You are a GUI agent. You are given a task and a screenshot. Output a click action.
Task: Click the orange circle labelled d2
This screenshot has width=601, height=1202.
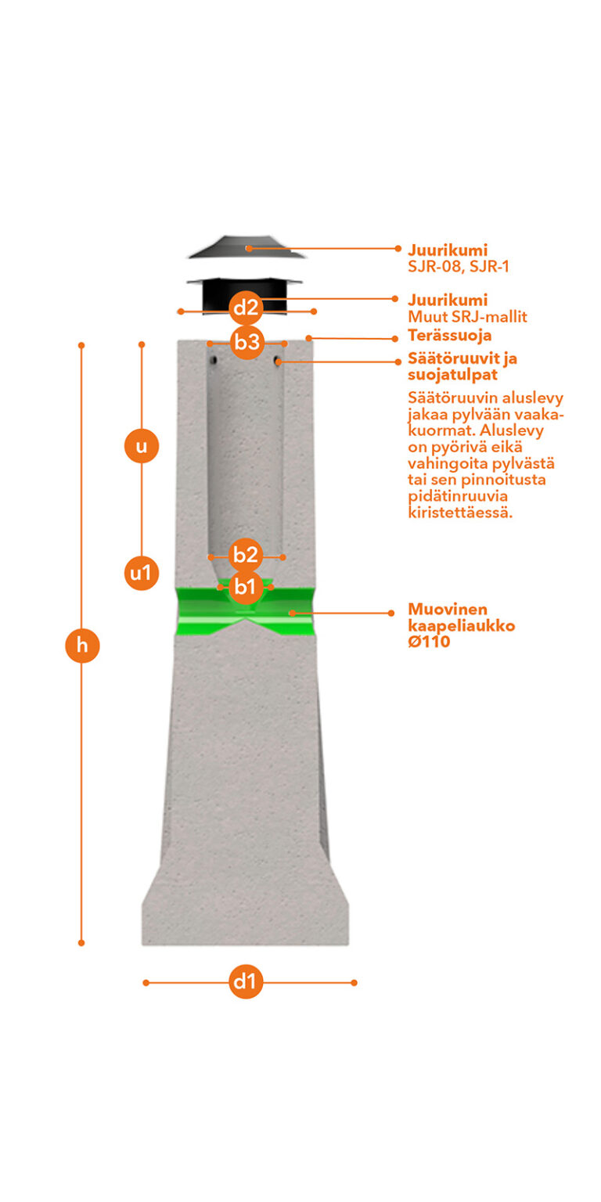pyautogui.click(x=246, y=308)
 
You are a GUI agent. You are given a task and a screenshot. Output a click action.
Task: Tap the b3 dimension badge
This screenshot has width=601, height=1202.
pyautogui.click(x=247, y=342)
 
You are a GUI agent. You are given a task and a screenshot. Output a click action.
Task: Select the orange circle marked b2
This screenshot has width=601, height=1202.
pyautogui.click(x=245, y=555)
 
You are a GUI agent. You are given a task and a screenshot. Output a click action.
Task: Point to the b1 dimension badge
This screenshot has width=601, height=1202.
pyautogui.click(x=245, y=587)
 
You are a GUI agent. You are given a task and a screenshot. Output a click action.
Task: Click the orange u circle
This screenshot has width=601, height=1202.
pyautogui.click(x=142, y=446)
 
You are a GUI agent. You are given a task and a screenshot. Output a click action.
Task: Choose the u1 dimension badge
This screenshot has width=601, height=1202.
pyautogui.click(x=142, y=574)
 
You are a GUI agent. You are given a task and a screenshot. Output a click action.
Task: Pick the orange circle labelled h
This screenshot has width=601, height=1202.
pyautogui.click(x=82, y=645)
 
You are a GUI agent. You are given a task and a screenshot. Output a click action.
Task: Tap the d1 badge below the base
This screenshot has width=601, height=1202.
pyautogui.click(x=246, y=981)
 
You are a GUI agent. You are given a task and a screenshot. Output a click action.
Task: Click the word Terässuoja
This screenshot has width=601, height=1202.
pyautogui.click(x=450, y=336)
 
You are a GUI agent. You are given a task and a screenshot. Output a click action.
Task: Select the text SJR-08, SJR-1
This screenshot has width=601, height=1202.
pyautogui.click(x=459, y=266)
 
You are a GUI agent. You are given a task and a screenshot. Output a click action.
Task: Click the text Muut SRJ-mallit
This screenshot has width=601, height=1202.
pyautogui.click(x=467, y=317)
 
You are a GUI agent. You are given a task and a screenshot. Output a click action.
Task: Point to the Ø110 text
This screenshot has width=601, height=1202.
pyautogui.click(x=429, y=642)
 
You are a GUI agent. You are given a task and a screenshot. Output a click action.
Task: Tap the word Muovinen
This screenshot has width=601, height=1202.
pyautogui.click(x=448, y=609)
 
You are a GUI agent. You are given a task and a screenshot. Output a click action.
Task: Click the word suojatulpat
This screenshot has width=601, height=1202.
pyautogui.click(x=452, y=375)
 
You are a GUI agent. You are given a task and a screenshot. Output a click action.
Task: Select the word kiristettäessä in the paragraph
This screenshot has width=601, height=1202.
pyautogui.click(x=460, y=513)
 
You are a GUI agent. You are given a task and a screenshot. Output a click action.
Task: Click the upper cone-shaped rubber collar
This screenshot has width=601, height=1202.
pyautogui.click(x=247, y=247)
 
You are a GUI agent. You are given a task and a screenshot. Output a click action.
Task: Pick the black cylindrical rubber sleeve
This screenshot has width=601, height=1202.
pyautogui.click(x=245, y=294)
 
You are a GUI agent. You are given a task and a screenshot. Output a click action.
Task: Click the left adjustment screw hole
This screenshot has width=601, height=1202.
pyautogui.click(x=214, y=359)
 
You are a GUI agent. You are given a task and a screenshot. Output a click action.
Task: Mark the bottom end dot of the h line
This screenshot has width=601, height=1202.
pyautogui.click(x=81, y=943)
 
